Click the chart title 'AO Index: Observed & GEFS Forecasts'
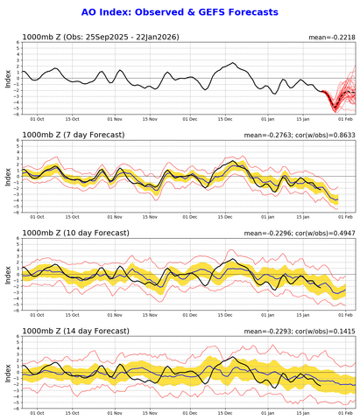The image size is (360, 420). [x=180, y=12]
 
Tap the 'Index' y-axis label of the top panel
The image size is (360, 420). [x=8, y=78]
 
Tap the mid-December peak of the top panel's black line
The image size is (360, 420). [x=232, y=64]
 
